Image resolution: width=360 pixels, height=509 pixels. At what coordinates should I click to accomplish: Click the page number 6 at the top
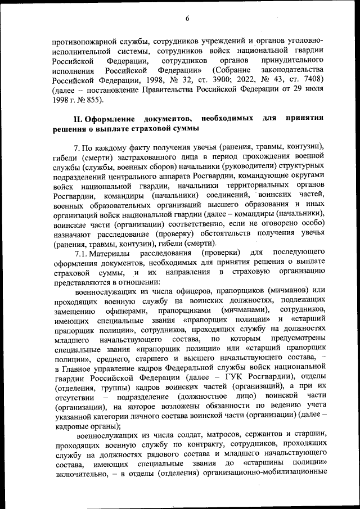pos(187,18)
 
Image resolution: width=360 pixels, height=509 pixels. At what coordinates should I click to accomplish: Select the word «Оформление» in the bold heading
pos(112,119)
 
